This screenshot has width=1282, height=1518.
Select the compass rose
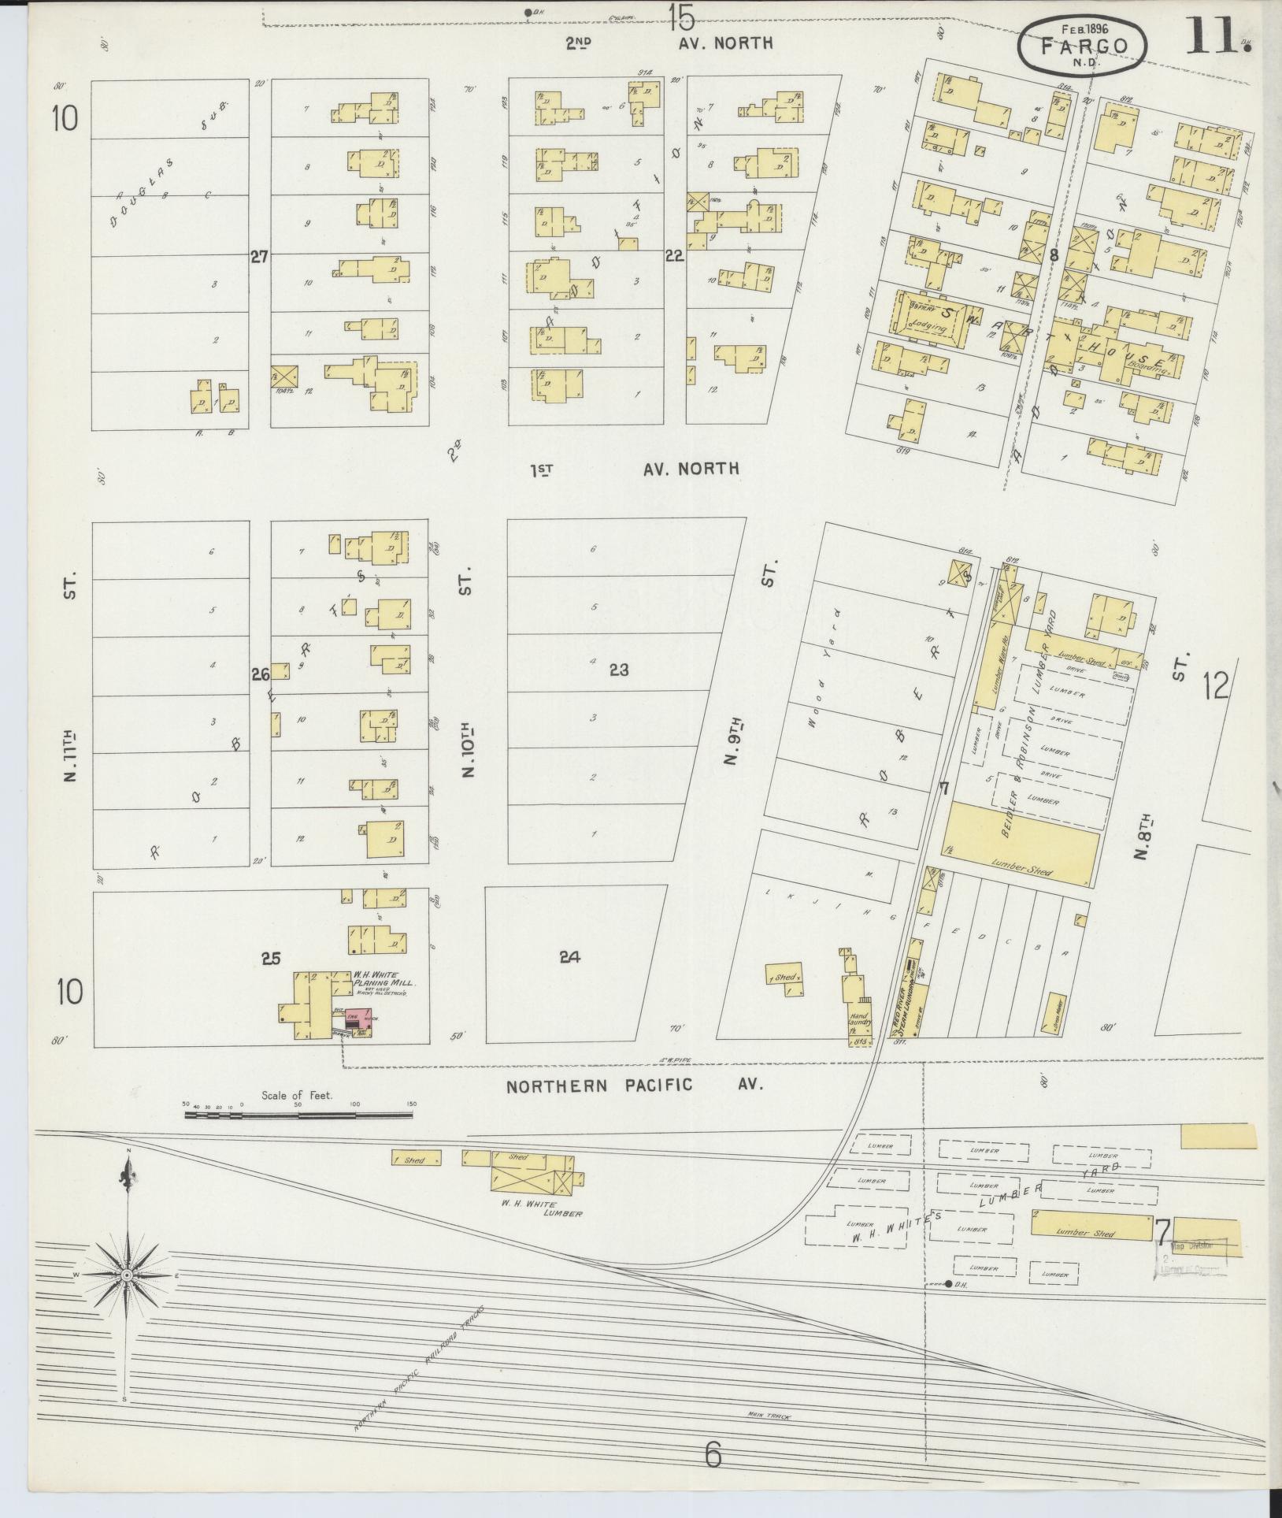(126, 1274)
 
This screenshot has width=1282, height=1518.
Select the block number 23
(619, 670)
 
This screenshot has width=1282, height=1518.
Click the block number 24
(570, 957)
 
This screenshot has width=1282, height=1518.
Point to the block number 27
(260, 256)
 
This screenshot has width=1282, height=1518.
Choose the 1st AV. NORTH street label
(635, 470)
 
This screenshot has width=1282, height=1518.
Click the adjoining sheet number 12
(1215, 687)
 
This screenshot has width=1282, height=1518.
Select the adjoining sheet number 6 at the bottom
(712, 1456)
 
